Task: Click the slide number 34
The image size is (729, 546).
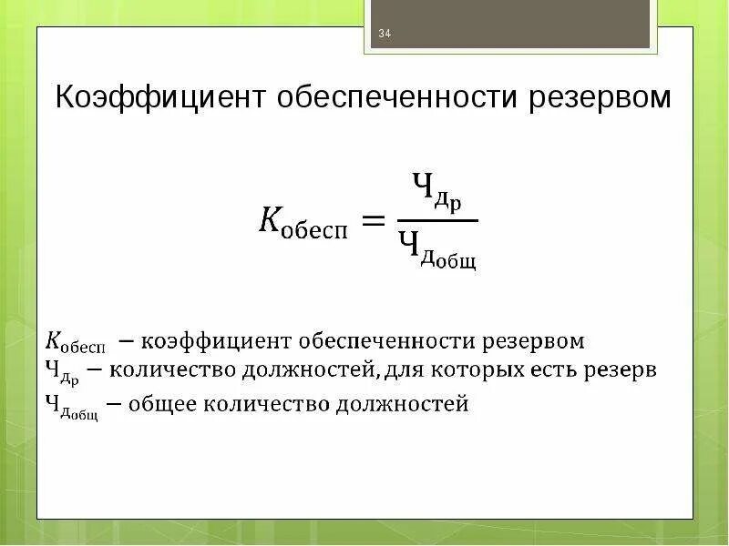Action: [384, 35]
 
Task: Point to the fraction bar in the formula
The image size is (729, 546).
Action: [436, 219]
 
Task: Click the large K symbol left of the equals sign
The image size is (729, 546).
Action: [270, 221]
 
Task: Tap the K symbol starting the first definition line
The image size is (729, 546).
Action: [54, 342]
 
